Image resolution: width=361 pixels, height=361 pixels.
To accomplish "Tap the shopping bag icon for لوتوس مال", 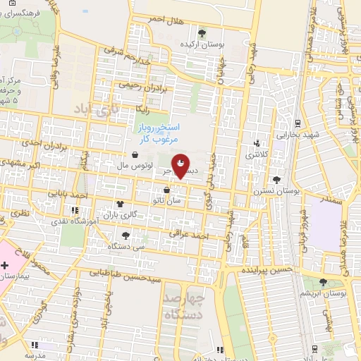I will point(134,155).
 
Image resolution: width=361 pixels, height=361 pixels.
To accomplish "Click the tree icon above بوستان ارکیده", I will point(202,32).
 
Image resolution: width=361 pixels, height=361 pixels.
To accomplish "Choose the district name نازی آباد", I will point(92,110).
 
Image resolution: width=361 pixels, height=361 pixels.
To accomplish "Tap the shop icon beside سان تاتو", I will point(166,190).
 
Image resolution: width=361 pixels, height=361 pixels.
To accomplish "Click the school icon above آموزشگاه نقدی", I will point(74,209).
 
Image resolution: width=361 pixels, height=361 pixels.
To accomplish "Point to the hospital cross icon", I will point(6,266).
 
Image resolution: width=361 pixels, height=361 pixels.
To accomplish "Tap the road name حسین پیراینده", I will point(266,271).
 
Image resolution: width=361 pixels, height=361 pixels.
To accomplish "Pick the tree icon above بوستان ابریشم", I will point(323,281).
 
